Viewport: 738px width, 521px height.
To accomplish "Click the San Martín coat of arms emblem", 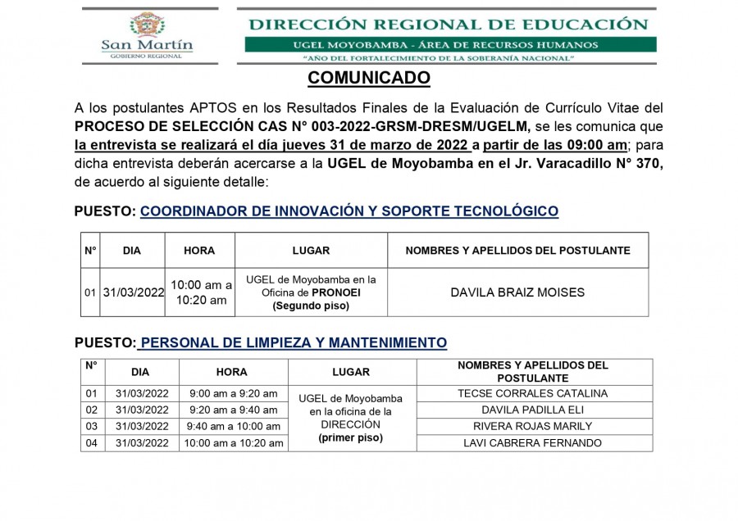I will tap(148, 25).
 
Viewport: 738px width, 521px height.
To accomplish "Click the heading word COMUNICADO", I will tap(368, 79).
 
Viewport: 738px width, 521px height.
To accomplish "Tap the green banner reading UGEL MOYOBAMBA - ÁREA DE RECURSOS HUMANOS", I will tap(450, 44).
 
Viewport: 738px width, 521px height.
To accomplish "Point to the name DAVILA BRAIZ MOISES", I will tap(517, 292).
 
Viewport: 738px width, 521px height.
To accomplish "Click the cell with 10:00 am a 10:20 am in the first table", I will tap(200, 292).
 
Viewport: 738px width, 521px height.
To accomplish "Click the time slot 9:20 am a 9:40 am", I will tap(234, 410).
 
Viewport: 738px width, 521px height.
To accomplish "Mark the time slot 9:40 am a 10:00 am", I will tap(234, 427).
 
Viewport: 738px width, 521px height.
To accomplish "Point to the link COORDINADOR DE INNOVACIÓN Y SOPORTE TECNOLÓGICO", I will tap(349, 211).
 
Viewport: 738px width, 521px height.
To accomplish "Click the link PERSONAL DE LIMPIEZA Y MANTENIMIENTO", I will tap(294, 342).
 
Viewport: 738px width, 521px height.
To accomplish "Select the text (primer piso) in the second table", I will tap(350, 438).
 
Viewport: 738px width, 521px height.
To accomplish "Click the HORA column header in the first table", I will tap(199, 251).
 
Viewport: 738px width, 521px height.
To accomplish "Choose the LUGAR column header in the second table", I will tap(351, 372).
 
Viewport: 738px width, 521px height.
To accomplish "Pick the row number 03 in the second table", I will tap(91, 427).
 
